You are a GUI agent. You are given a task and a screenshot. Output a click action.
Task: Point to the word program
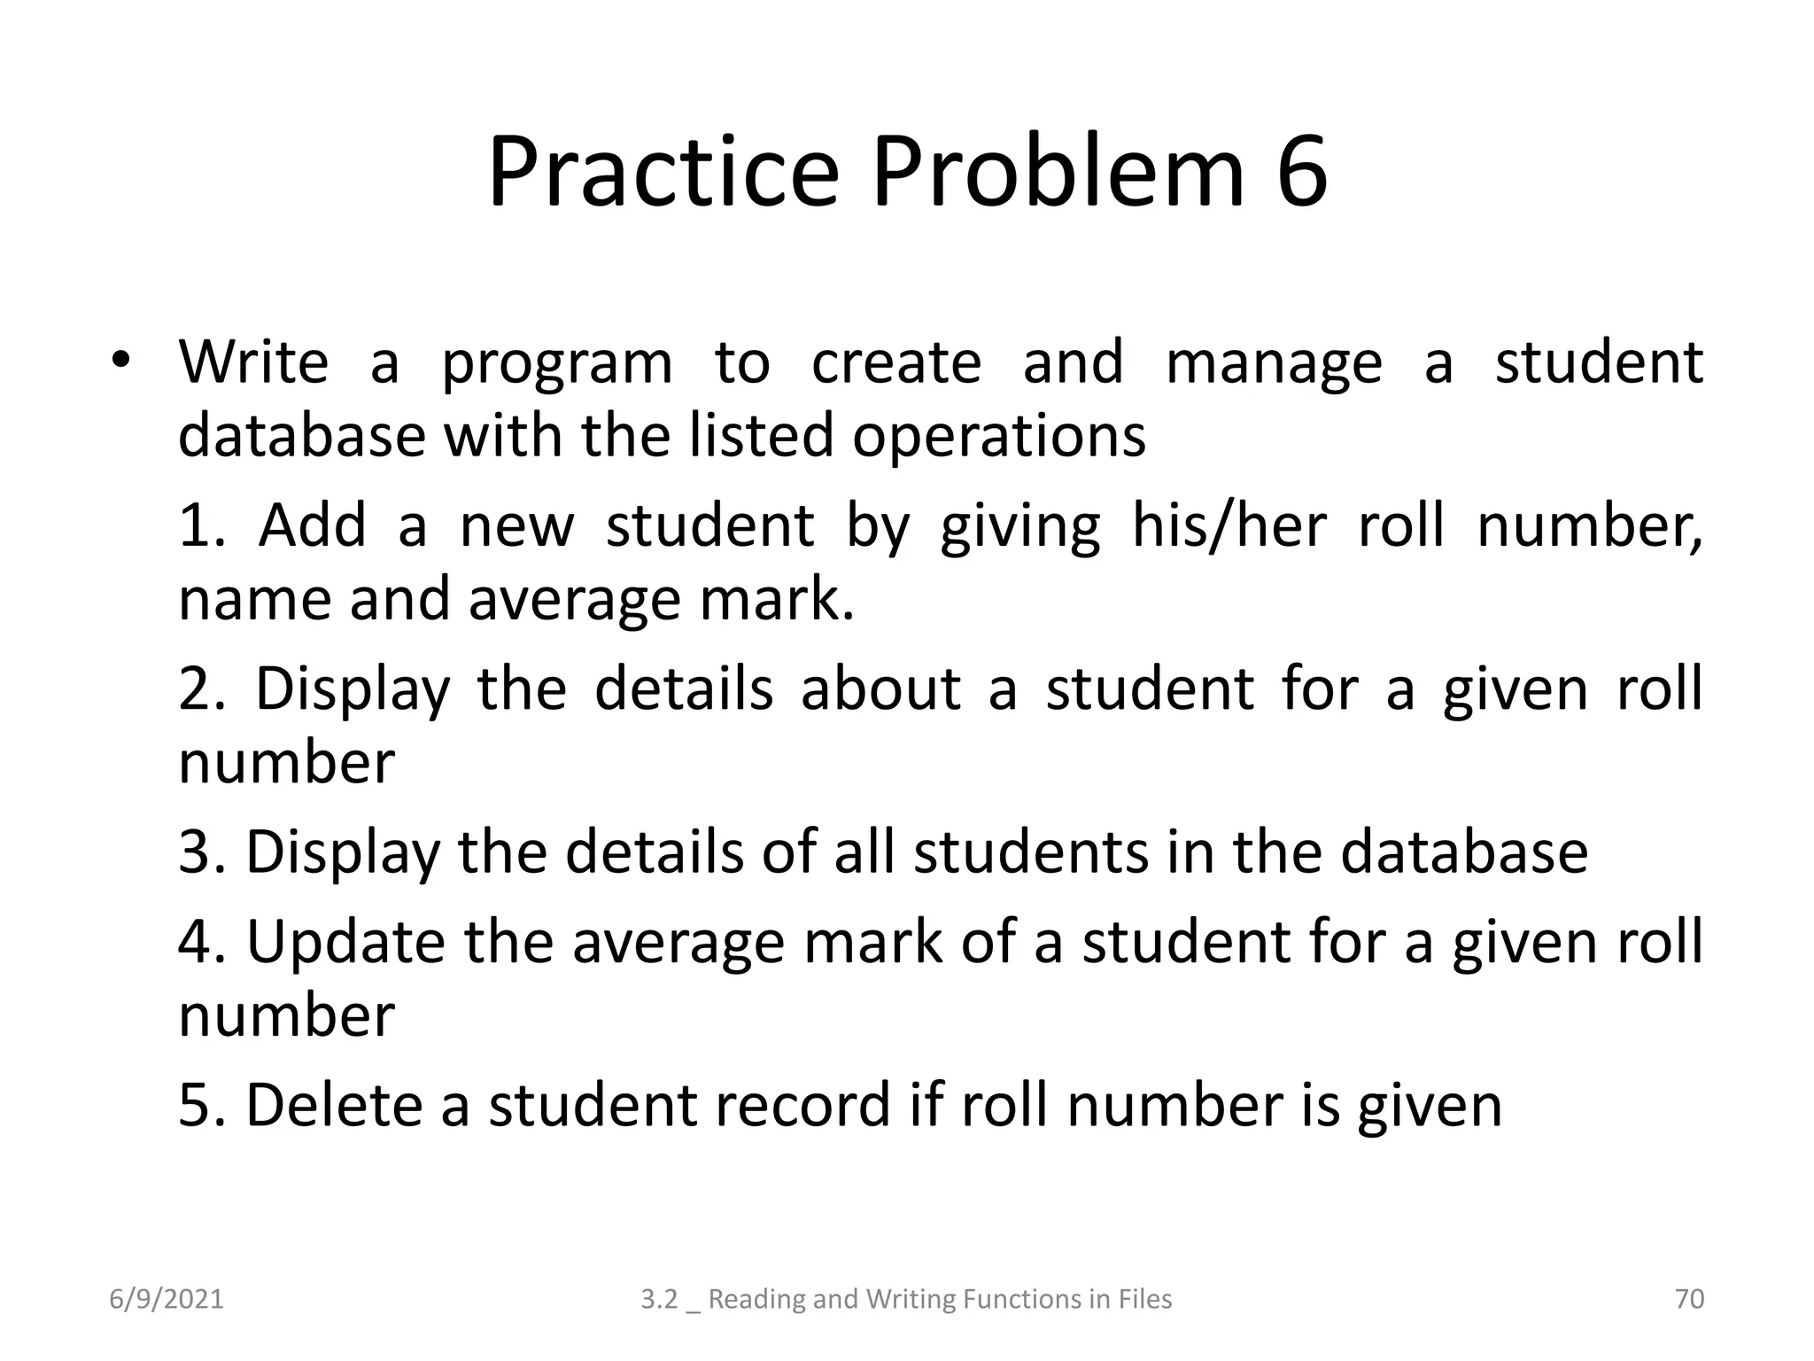(557, 363)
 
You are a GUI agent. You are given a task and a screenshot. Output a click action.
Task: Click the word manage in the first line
(1274, 363)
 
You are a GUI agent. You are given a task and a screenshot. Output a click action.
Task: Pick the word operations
(999, 436)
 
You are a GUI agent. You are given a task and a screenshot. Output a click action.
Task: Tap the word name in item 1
(254, 599)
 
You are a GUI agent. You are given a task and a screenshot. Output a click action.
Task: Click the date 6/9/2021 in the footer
(167, 1299)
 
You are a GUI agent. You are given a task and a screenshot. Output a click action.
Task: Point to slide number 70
(1689, 1299)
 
